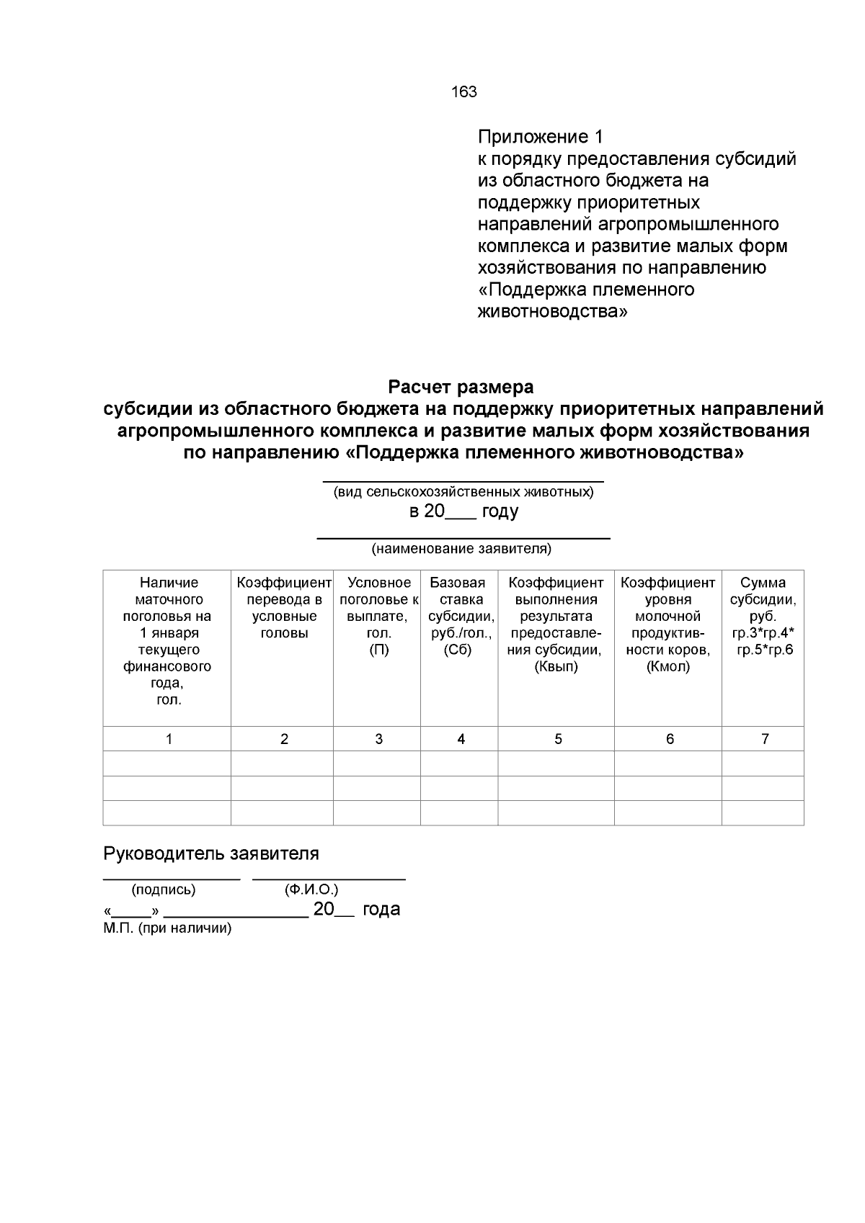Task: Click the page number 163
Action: coord(463,91)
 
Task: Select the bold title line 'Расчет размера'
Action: coord(461,387)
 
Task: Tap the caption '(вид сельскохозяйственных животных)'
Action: coord(463,493)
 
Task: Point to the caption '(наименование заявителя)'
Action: coord(461,549)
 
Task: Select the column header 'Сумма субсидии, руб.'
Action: coord(763,599)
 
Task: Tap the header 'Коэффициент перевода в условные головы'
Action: coord(283,608)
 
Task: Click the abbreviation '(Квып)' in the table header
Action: coord(556,666)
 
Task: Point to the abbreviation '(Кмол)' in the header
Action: coord(667,666)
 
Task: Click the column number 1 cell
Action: coord(169,739)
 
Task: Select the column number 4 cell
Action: coord(461,739)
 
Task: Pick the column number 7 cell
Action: coord(765,739)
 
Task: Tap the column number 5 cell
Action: coord(558,739)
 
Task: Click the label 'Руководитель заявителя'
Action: coord(211,854)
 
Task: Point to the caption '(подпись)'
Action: coord(163,890)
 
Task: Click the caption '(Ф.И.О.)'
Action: coord(311,890)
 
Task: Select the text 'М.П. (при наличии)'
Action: coord(167,928)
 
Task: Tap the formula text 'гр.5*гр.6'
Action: coord(764,650)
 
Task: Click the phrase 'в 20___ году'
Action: coord(463,512)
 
